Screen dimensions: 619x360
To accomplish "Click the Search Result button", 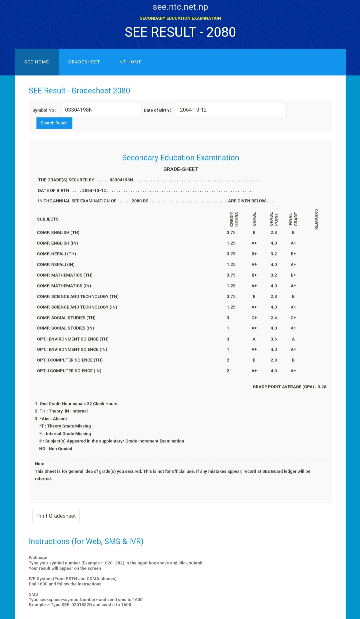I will [54, 123].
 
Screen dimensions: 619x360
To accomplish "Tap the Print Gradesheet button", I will [56, 516].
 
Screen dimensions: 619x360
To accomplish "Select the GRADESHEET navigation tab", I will [84, 62].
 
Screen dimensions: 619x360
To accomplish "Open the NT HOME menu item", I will [130, 62].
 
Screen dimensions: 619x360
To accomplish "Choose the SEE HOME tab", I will [37, 62].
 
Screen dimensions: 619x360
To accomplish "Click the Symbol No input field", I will [101, 110].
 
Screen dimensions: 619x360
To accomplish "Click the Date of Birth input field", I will [231, 110].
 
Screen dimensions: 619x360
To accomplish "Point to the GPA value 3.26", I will [322, 387].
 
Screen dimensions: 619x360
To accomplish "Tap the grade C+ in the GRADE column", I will [254, 318].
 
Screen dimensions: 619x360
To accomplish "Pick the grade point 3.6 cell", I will [274, 339].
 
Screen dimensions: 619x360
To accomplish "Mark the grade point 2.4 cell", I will [274, 318].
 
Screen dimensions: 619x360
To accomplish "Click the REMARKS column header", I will [316, 219].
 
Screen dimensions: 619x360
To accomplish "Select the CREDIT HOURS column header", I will [234, 219].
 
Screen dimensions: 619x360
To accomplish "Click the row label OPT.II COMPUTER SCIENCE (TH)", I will [70, 360].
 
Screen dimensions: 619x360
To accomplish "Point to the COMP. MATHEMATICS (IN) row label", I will [64, 286].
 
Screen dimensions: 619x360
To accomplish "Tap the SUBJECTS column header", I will [48, 219].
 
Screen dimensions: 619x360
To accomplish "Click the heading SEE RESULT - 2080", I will [180, 32].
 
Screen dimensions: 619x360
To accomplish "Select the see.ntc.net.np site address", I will [180, 7].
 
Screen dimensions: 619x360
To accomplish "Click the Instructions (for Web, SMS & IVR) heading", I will [86, 541].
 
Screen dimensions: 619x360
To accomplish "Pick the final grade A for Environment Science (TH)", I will [293, 339].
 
